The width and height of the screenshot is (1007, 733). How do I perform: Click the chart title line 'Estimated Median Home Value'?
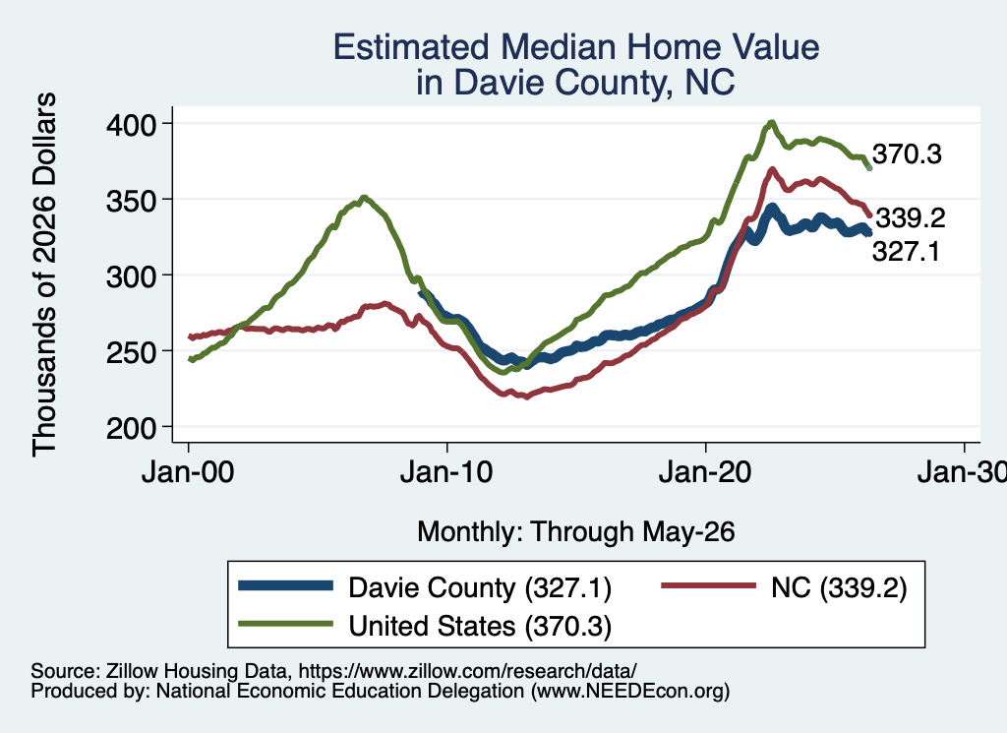pyautogui.click(x=576, y=47)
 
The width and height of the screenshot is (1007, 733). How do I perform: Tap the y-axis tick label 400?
pyautogui.click(x=131, y=125)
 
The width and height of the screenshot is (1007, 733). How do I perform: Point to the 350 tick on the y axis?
pyautogui.click(x=131, y=201)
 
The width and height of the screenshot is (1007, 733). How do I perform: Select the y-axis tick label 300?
pyautogui.click(x=131, y=276)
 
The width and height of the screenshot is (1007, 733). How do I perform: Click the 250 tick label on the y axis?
pyautogui.click(x=131, y=352)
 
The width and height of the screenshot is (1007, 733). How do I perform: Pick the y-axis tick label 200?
pyautogui.click(x=131, y=428)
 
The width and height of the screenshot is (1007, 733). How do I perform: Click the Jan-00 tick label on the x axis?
pyautogui.click(x=188, y=472)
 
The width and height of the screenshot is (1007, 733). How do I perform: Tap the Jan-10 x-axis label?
pyautogui.click(x=446, y=472)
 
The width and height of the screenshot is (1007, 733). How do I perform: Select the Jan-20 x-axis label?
pyautogui.click(x=705, y=472)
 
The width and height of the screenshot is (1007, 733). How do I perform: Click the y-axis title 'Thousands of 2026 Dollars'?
pyautogui.click(x=44, y=275)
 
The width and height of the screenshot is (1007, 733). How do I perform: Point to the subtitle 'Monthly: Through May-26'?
pyautogui.click(x=576, y=532)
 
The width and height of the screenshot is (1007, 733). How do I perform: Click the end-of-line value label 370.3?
pyautogui.click(x=907, y=154)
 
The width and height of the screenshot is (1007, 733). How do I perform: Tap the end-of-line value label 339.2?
pyautogui.click(x=911, y=218)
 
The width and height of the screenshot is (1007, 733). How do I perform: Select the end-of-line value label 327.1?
pyautogui.click(x=906, y=251)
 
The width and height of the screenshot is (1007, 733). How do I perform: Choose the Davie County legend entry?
pyautogui.click(x=425, y=587)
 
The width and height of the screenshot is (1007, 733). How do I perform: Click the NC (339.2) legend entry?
pyautogui.click(x=784, y=587)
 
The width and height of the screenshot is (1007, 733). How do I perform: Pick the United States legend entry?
pyautogui.click(x=425, y=626)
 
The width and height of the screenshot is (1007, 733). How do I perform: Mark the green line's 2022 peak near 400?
pyautogui.click(x=772, y=122)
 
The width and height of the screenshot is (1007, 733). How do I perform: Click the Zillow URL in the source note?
pyautogui.click(x=467, y=671)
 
